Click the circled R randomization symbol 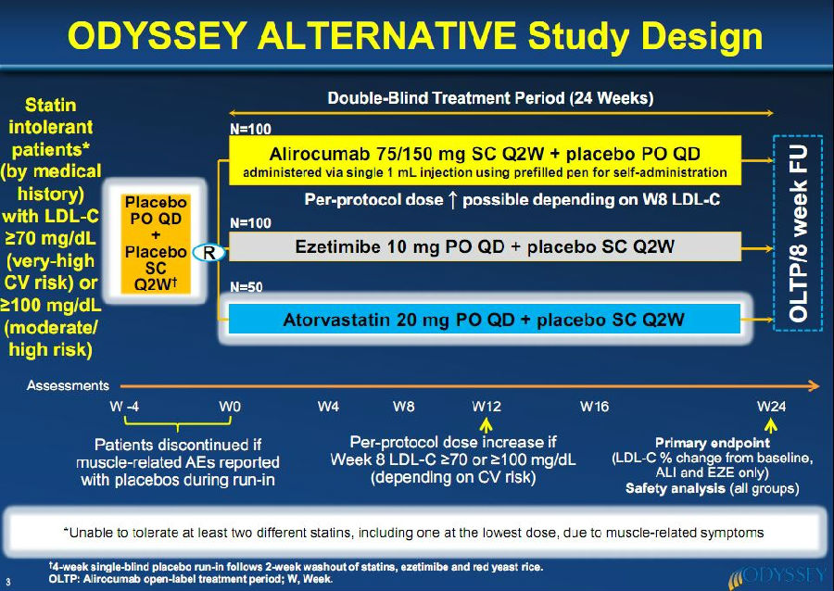tap(208, 253)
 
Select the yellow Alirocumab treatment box tap(485, 160)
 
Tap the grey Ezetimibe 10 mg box tap(485, 246)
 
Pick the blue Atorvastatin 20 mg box tap(485, 319)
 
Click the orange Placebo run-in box tap(156, 244)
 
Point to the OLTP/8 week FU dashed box tap(798, 233)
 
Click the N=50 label tap(246, 287)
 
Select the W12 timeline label tap(486, 407)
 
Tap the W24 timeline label tap(771, 407)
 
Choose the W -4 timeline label tap(124, 407)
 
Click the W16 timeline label tap(594, 407)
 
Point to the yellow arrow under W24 tap(771, 426)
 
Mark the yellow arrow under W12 tap(486, 426)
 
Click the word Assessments tap(68, 385)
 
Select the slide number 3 tap(8, 582)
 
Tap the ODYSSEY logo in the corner tap(777, 577)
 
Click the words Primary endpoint tap(713, 443)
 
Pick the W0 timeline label tap(230, 407)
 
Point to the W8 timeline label tap(404, 407)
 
